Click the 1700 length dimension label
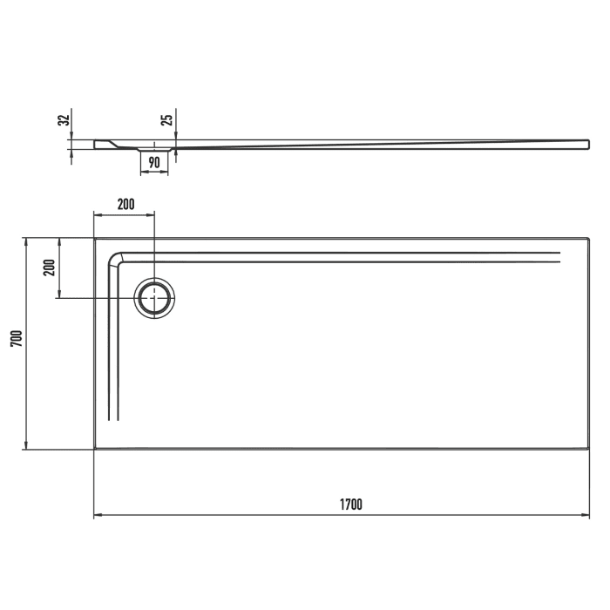click(350, 505)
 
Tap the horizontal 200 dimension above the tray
click(125, 205)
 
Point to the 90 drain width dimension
click(153, 161)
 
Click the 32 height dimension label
click(63, 121)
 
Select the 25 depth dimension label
click(168, 119)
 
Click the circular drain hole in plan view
click(154, 298)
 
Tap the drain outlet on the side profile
click(154, 150)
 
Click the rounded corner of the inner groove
click(114, 259)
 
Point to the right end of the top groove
click(559, 256)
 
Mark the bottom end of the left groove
click(112, 420)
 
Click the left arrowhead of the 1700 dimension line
click(97, 515)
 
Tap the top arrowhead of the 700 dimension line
click(25, 241)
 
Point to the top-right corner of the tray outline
click(589, 238)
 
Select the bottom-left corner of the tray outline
click(94, 449)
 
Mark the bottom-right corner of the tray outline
click(589, 449)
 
